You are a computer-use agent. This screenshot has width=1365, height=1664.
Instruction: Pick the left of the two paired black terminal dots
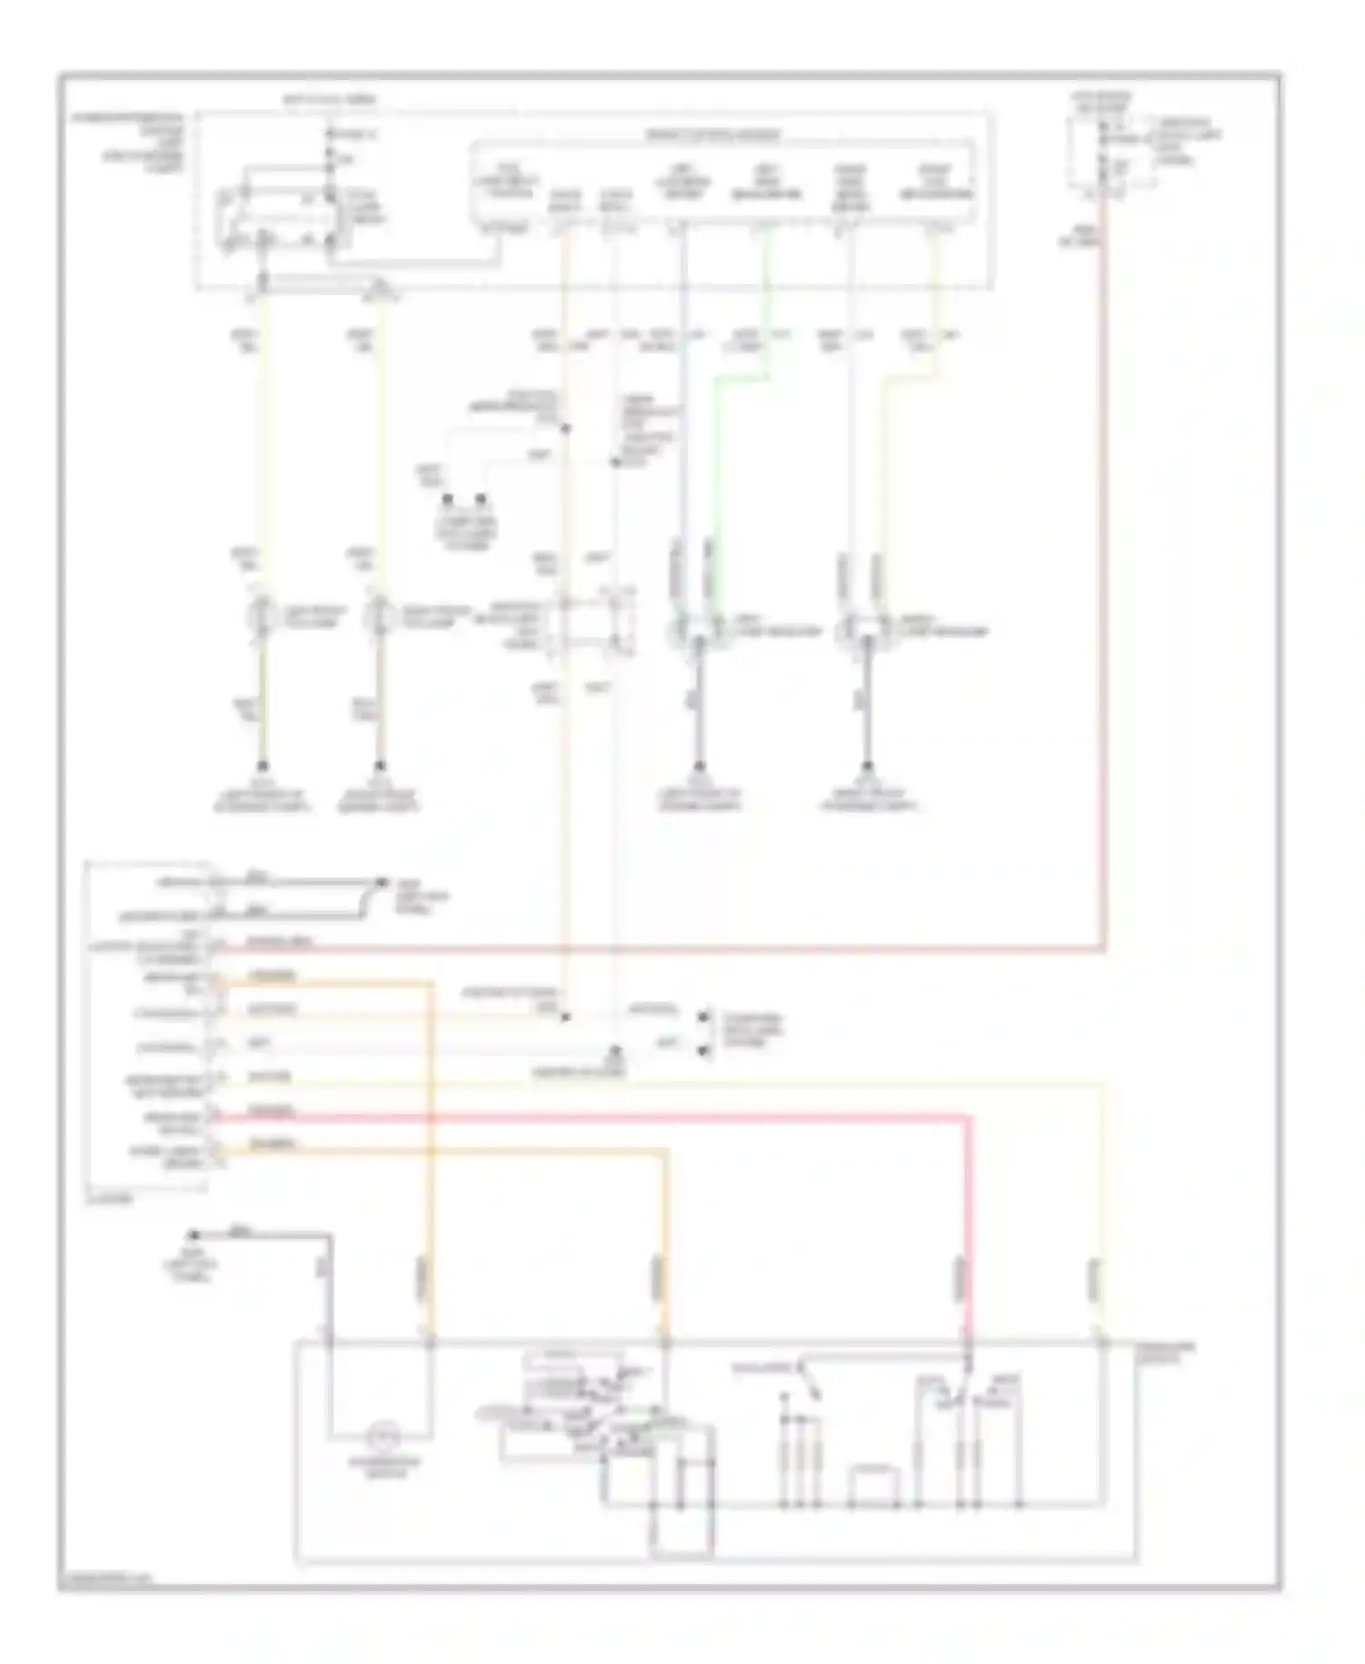pyautogui.click(x=448, y=500)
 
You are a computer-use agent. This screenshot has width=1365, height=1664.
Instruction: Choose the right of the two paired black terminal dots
pyautogui.click(x=483, y=500)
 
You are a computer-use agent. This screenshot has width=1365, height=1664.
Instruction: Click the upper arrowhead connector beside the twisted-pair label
pyautogui.click(x=704, y=1017)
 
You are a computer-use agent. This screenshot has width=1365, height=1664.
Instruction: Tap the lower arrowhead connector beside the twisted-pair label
pyautogui.click(x=704, y=1050)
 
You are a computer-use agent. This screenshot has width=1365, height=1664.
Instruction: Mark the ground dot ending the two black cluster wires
pyautogui.click(x=379, y=882)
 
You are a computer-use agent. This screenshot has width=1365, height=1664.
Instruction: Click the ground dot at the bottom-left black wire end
pyautogui.click(x=193, y=1235)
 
